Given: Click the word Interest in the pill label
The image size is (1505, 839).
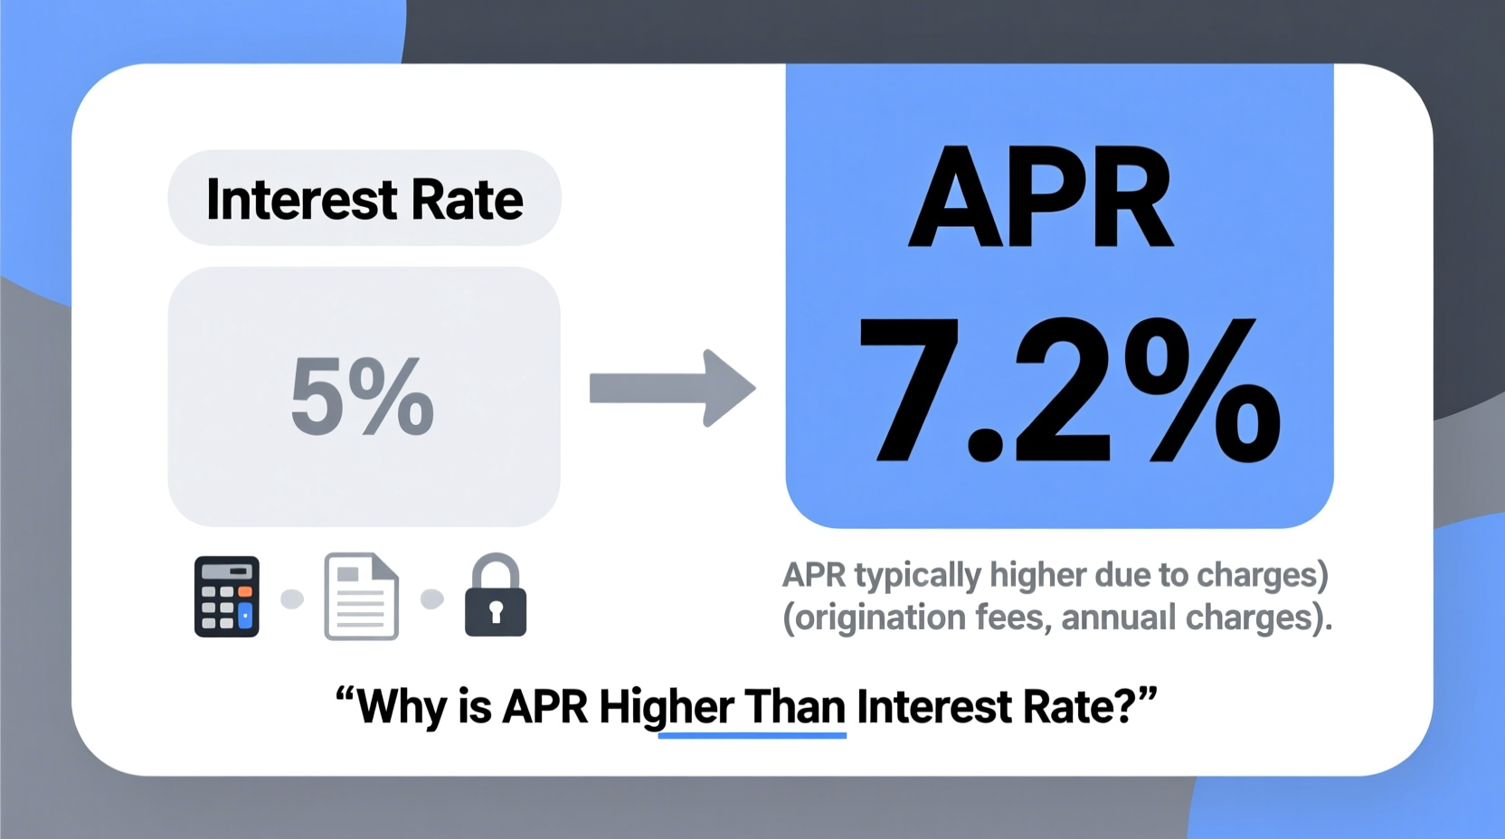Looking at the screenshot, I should [301, 200].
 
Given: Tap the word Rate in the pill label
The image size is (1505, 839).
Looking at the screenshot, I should [467, 200].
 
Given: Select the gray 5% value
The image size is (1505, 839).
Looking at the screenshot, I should [362, 396].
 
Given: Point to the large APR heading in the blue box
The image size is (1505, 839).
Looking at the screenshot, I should [1042, 197].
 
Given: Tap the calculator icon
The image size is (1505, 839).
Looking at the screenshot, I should [227, 597].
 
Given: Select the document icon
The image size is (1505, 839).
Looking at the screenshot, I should [361, 597].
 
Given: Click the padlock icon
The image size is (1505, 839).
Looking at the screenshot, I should [496, 597].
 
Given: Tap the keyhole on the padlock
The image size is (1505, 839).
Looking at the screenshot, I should [496, 613].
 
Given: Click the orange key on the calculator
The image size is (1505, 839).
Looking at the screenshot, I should [245, 591].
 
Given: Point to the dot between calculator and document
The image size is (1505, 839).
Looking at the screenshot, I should [292, 599].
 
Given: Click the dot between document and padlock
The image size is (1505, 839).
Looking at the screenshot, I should [432, 599].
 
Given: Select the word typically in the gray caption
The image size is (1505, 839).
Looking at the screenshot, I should [917, 576].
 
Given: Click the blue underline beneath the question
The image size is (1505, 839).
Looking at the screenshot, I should [752, 736].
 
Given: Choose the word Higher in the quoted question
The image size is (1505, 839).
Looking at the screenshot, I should [667, 707].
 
